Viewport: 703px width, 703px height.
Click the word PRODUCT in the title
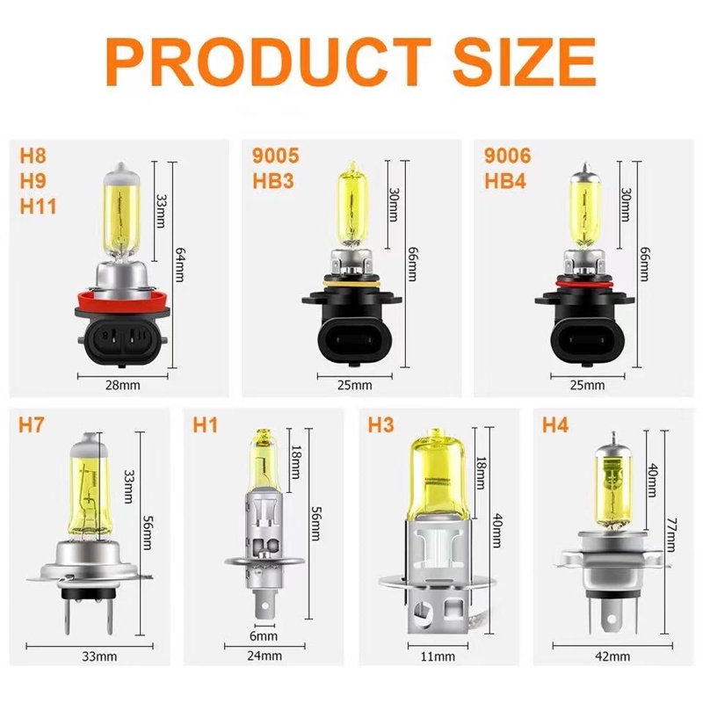[269, 62]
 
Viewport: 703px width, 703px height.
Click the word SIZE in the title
[524, 62]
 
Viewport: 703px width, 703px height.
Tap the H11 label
[38, 207]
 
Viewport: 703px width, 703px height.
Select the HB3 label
[273, 181]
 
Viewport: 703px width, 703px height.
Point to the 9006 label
[508, 156]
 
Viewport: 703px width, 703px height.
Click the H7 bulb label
[32, 425]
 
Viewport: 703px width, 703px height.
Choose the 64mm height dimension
[179, 265]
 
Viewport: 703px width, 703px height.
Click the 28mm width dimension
[122, 385]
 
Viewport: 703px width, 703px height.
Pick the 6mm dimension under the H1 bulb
[264, 635]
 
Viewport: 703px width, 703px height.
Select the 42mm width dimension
[612, 656]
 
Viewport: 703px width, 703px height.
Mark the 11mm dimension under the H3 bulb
[438, 656]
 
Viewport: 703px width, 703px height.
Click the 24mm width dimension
[265, 656]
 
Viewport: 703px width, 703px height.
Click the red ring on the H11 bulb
[122, 301]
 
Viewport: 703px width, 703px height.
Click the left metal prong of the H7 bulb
[68, 615]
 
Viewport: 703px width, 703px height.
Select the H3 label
[380, 425]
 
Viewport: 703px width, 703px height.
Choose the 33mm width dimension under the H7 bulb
[99, 656]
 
